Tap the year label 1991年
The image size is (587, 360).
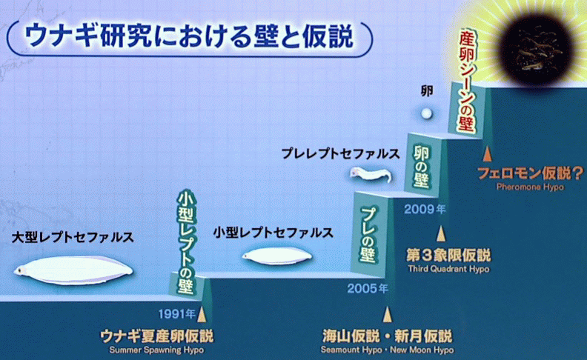tap(176, 313)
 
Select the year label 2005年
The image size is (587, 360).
tap(368, 289)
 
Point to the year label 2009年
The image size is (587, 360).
tap(425, 209)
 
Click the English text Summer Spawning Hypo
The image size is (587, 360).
tap(156, 350)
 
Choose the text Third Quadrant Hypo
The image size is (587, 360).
tap(448, 269)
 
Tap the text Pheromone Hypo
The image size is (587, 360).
tap(530, 187)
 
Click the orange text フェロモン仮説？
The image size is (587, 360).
tap(530, 173)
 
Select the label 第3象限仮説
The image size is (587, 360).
tap(448, 256)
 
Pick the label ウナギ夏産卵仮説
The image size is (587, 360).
tap(157, 336)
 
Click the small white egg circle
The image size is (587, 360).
tap(426, 113)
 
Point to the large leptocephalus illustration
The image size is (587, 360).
tap(73, 270)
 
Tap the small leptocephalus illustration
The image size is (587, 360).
tap(276, 256)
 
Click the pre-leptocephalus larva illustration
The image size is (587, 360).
tap(371, 174)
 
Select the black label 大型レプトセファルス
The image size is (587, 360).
tap(73, 237)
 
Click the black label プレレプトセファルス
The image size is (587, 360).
tap(340, 153)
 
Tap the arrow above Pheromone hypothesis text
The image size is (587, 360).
tap(487, 154)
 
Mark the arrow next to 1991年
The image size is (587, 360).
tap(202, 314)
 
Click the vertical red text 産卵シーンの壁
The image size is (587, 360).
tap(466, 81)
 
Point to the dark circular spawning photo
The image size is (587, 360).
tap(536, 50)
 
